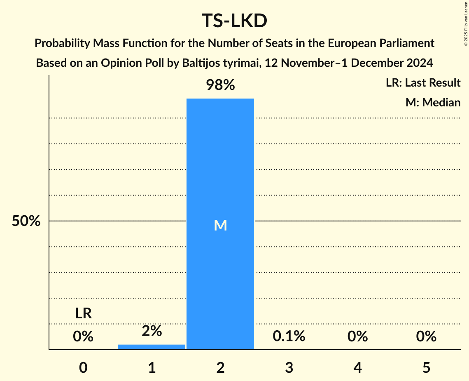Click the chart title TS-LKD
pyautogui.click(x=234, y=21)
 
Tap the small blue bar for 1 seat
pyautogui.click(x=152, y=347)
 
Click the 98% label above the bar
pyautogui.click(x=220, y=85)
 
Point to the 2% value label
pyautogui.click(x=152, y=331)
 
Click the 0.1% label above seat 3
pyautogui.click(x=289, y=336)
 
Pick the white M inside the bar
pyautogui.click(x=220, y=225)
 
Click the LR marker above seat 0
pyautogui.click(x=83, y=314)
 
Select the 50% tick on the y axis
pyautogui.click(x=26, y=221)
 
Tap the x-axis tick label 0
pyautogui.click(x=83, y=368)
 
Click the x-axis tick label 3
pyautogui.click(x=289, y=368)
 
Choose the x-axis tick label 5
pyautogui.click(x=426, y=368)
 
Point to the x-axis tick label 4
pyautogui.click(x=357, y=368)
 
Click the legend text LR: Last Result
pyautogui.click(x=423, y=83)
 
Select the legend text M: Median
pyautogui.click(x=433, y=102)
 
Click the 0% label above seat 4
pyautogui.click(x=357, y=336)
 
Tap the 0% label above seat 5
pyautogui.click(x=426, y=336)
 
